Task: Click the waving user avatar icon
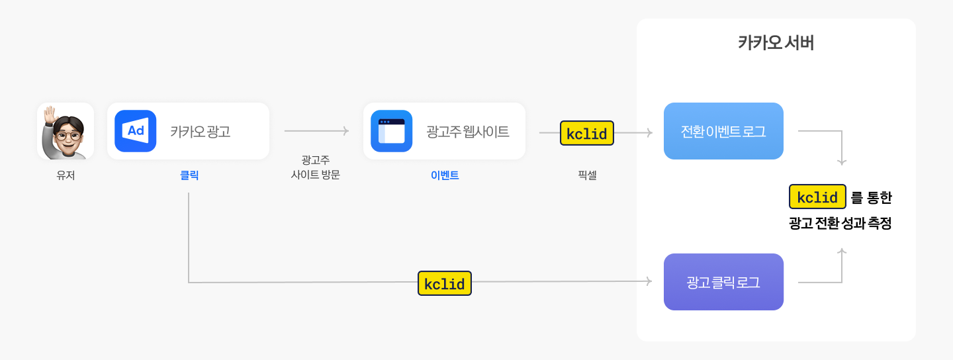coord(66,131)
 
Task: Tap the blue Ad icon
coord(135,131)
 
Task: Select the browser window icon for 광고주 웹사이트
coord(391,131)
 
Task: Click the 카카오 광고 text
coord(200,132)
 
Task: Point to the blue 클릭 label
coord(189,176)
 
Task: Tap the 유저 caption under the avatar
coord(66,176)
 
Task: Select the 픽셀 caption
coord(587,176)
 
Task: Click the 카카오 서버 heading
coord(776,44)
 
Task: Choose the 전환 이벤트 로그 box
coord(723,131)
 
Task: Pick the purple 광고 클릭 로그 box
coord(723,282)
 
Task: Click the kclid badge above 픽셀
coord(587,133)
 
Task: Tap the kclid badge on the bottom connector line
coord(445,283)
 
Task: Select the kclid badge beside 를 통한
coord(817,197)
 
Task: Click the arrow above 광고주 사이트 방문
coord(316,132)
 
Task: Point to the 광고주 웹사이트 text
coord(468,132)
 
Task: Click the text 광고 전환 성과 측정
coord(840,224)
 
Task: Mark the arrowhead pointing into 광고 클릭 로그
coord(649,282)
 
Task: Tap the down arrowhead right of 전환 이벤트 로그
coord(842,161)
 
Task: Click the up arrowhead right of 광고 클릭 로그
coord(842,251)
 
